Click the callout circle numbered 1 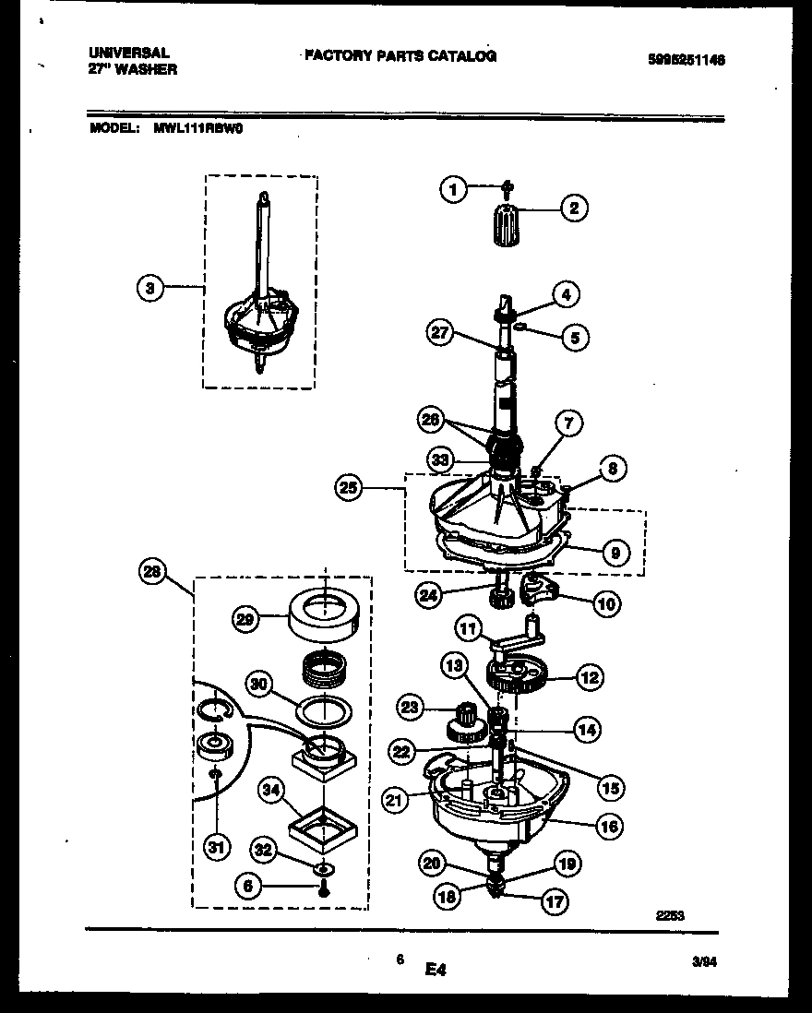[451, 191]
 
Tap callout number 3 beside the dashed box [149, 288]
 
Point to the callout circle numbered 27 [441, 332]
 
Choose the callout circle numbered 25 [348, 490]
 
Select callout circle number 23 [409, 709]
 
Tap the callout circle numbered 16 [608, 826]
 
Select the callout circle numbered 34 [270, 789]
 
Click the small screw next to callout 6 [325, 890]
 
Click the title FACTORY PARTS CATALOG [400, 56]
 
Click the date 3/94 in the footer [704, 959]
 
